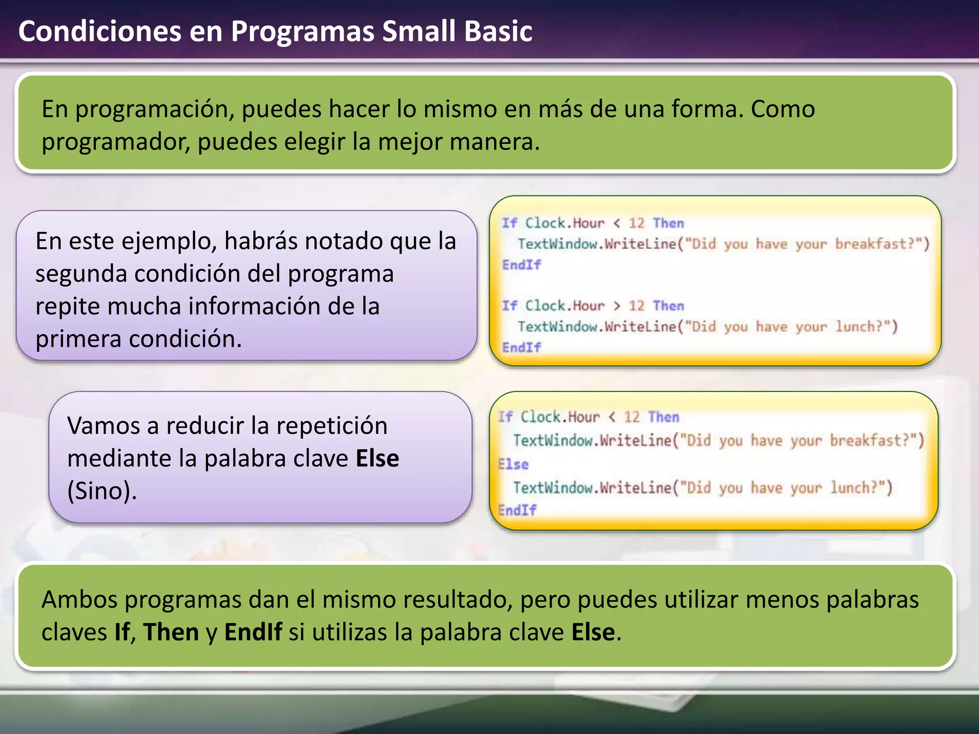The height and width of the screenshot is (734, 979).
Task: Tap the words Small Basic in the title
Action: (457, 32)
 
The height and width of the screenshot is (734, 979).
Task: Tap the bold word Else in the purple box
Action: (377, 459)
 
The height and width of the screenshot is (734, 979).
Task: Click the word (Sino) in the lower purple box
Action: (101, 491)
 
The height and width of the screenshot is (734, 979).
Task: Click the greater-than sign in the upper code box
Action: (617, 306)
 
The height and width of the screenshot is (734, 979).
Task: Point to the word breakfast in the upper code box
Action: (870, 244)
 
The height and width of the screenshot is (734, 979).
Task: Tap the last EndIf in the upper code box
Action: (521, 347)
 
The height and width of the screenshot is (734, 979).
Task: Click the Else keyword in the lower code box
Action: (513, 464)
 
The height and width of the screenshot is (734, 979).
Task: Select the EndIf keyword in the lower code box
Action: (517, 510)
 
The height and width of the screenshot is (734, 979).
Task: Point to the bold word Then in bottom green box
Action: (171, 632)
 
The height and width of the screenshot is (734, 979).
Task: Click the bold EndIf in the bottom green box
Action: (253, 632)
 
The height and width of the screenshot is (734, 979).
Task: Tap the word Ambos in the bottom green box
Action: (79, 600)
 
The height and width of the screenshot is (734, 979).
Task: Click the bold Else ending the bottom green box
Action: (593, 632)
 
